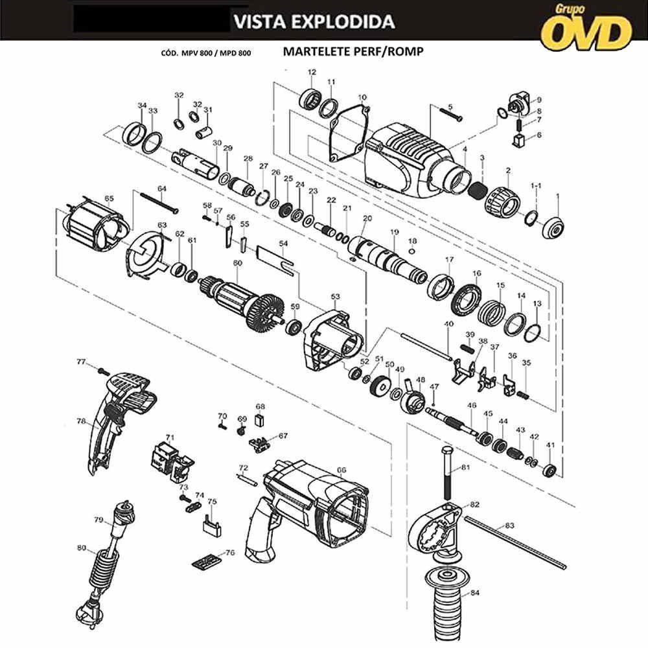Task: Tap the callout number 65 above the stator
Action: (x=109, y=199)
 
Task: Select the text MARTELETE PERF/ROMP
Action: (x=353, y=52)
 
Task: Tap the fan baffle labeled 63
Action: (x=146, y=256)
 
